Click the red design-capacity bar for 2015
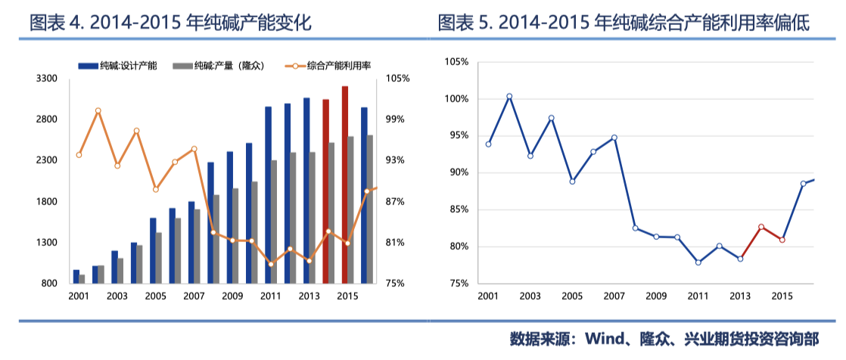point(345,185)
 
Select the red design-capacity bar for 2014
point(325,191)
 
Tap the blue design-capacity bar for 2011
point(268,195)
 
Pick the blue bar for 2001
point(76,276)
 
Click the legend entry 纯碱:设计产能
point(118,67)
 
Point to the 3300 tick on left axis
point(48,79)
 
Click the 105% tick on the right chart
point(457,61)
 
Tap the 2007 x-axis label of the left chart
point(194,296)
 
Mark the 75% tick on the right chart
point(459,284)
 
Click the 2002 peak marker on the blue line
point(509,96)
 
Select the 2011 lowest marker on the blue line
point(698,262)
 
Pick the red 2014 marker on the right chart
point(761,227)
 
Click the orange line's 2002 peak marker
point(98,111)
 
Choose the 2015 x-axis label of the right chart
point(782,296)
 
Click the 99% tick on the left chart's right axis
point(397,119)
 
